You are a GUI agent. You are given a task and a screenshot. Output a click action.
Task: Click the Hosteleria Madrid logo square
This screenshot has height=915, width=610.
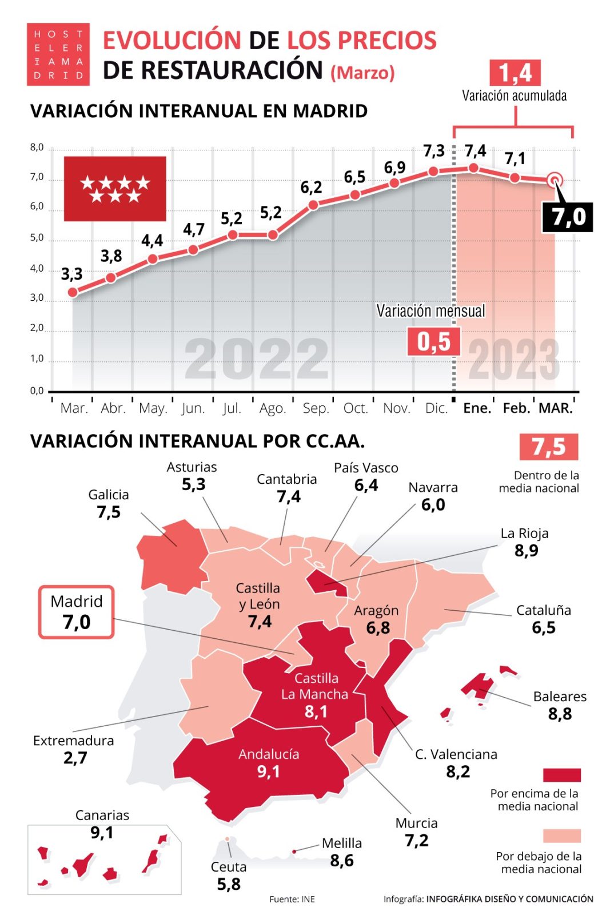58,54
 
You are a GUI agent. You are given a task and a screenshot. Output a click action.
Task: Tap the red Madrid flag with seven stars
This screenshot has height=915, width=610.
114,189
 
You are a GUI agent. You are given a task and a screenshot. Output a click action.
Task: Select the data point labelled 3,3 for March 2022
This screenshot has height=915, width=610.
73,292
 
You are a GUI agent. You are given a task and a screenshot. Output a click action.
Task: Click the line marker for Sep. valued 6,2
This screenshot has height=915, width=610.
313,205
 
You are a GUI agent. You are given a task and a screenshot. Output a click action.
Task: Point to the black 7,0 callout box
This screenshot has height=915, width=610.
568,217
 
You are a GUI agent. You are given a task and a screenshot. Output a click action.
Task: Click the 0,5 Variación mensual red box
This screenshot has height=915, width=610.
433,342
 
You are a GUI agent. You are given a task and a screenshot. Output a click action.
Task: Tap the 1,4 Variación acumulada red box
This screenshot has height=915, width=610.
515,73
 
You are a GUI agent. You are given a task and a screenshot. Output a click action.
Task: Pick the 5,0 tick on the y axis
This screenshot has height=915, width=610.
37,237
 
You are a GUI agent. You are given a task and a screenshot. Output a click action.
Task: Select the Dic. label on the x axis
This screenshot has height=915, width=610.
436,408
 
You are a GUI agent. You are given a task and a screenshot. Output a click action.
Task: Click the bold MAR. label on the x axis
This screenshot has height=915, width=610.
555,408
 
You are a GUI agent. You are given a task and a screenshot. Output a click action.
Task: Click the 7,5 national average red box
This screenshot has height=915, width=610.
548,447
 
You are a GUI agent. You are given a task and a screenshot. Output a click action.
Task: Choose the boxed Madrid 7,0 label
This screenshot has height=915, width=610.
76,612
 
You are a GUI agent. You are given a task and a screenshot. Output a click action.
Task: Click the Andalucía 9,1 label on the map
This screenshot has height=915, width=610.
269,763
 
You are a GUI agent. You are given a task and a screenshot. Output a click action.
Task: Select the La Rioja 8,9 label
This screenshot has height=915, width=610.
525,542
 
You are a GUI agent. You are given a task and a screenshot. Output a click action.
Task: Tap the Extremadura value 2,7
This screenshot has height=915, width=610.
75,758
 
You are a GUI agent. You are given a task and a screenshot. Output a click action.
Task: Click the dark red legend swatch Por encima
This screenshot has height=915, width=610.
561,775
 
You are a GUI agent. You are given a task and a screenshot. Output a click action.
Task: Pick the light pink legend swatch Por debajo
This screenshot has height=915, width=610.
561,836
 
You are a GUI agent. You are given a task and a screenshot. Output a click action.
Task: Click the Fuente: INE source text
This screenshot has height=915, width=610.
292,899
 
